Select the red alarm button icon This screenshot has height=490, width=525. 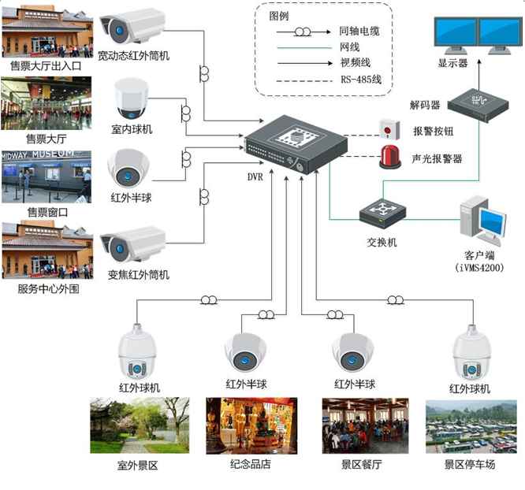387,129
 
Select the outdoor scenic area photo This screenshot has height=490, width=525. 140,425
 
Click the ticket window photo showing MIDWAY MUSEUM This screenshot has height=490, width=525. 47,176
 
